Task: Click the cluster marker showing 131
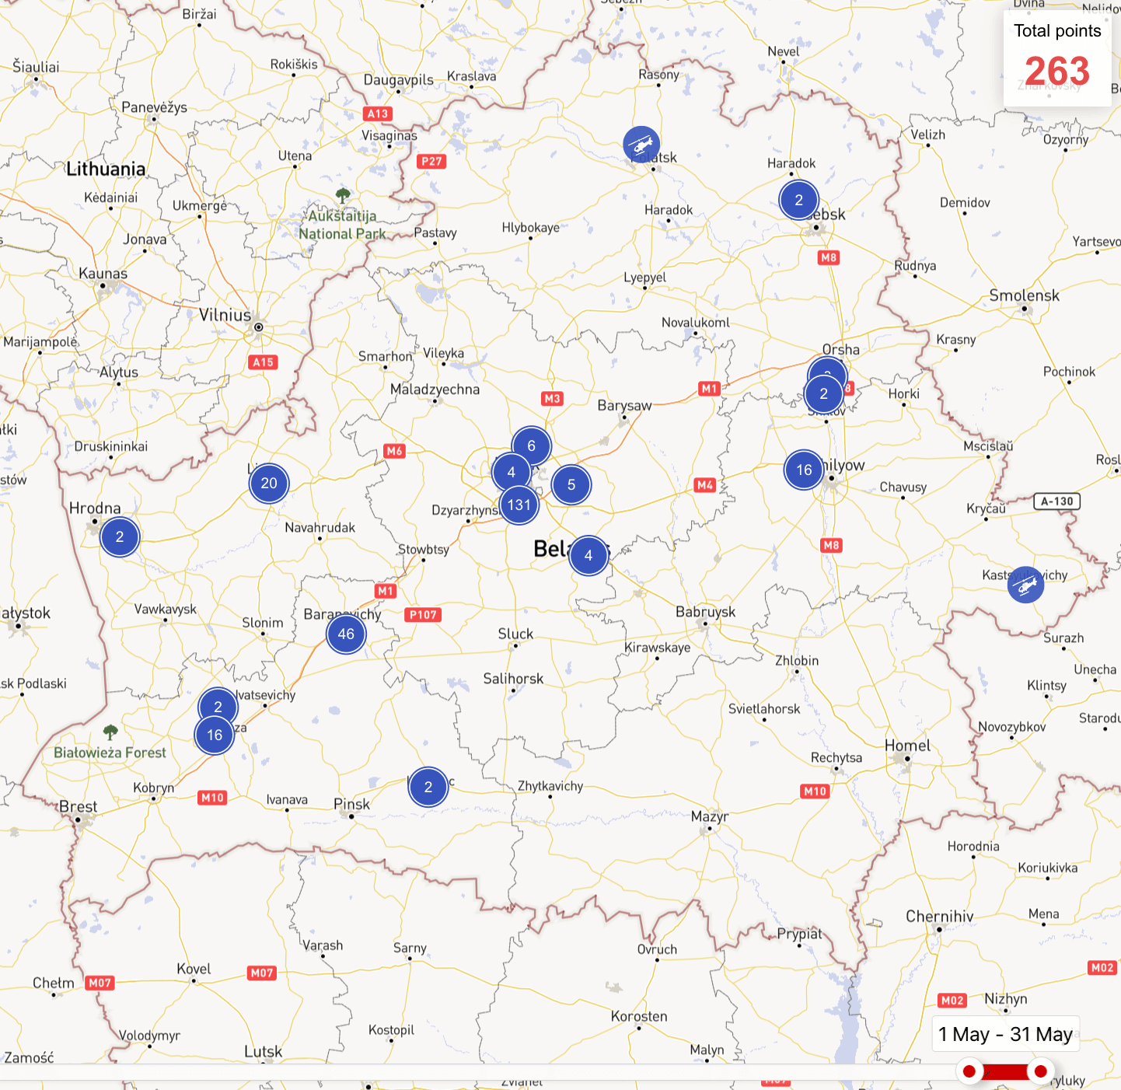coord(519,505)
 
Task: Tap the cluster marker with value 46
coord(346,634)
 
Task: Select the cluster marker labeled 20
coord(269,483)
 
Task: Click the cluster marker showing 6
coord(531,445)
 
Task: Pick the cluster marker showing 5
coord(571,484)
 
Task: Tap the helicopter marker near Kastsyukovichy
coord(1025,585)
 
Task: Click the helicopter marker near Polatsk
coord(641,145)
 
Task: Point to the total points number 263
coord(1057,72)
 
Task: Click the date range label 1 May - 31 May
coord(1005,1034)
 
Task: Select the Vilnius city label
coord(225,315)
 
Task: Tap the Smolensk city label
coord(1024,295)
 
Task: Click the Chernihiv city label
coord(939,917)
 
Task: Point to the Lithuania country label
coord(106,169)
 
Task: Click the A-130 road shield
coord(1056,501)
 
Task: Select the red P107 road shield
coord(424,614)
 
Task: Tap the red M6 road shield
coord(395,451)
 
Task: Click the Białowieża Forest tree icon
coord(110,732)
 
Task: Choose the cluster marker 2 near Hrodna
coord(120,536)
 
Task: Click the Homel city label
coord(907,746)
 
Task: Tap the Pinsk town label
coord(351,804)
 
